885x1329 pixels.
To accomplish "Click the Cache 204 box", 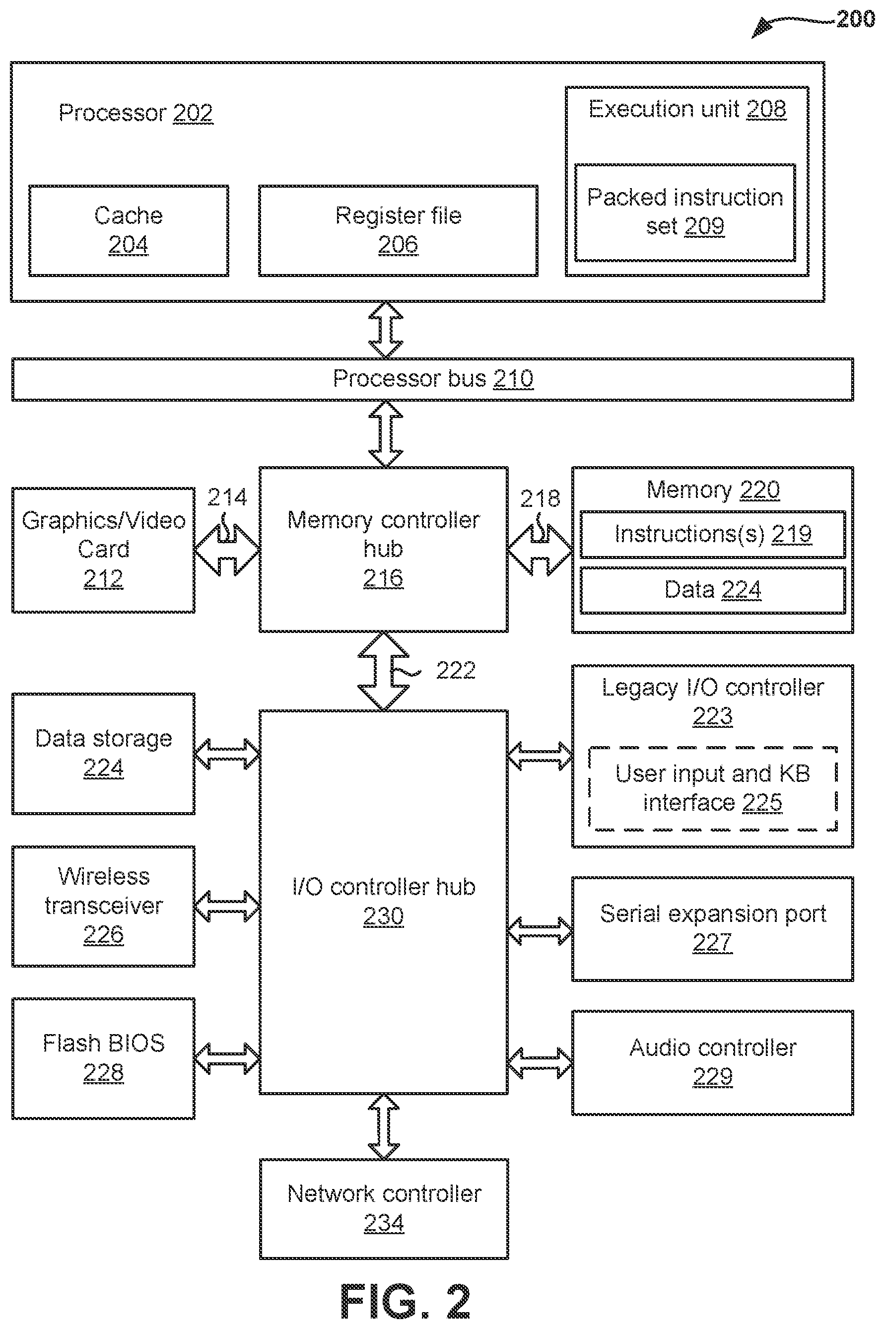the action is tap(129, 230).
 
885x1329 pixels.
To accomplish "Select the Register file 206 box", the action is tap(398, 230).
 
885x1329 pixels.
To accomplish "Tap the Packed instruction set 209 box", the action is tap(684, 212).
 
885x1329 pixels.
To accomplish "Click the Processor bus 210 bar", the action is tap(432, 379).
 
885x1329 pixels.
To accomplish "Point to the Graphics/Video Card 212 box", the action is tap(103, 550).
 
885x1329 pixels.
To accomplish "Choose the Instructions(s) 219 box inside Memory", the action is tap(713, 534).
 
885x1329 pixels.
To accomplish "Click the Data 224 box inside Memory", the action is tap(713, 590).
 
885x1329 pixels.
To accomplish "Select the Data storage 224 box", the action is tap(103, 754).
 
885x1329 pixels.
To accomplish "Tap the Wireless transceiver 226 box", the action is tap(103, 906).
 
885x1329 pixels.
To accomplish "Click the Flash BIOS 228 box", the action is tap(103, 1058).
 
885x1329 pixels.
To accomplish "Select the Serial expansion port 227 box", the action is tap(713, 929).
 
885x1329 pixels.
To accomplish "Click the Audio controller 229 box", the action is tap(713, 1062).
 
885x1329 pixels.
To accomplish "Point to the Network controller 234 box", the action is tap(384, 1209).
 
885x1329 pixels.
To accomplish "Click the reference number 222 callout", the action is tap(456, 670).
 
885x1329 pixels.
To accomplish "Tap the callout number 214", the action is tap(227, 497).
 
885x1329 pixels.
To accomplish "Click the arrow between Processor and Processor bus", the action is tap(386, 330).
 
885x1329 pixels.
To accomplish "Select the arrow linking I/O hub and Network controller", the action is tap(384, 1126).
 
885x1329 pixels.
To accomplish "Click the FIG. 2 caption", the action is tap(405, 1301).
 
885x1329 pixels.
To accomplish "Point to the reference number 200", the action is tap(856, 19).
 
